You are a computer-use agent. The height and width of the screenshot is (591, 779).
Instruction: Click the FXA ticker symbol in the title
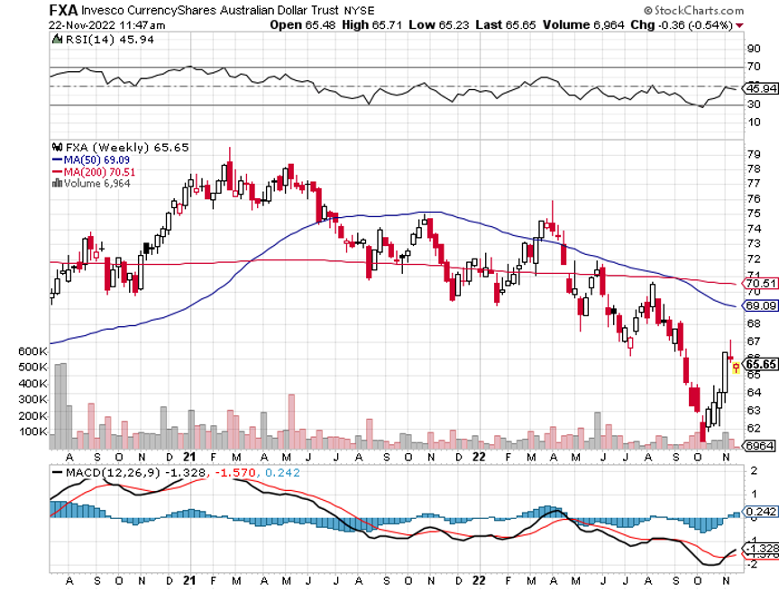(x=63, y=11)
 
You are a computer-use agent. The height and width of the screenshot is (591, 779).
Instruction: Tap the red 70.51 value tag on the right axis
(x=757, y=283)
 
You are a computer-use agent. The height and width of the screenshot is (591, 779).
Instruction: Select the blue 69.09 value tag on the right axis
(x=757, y=306)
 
